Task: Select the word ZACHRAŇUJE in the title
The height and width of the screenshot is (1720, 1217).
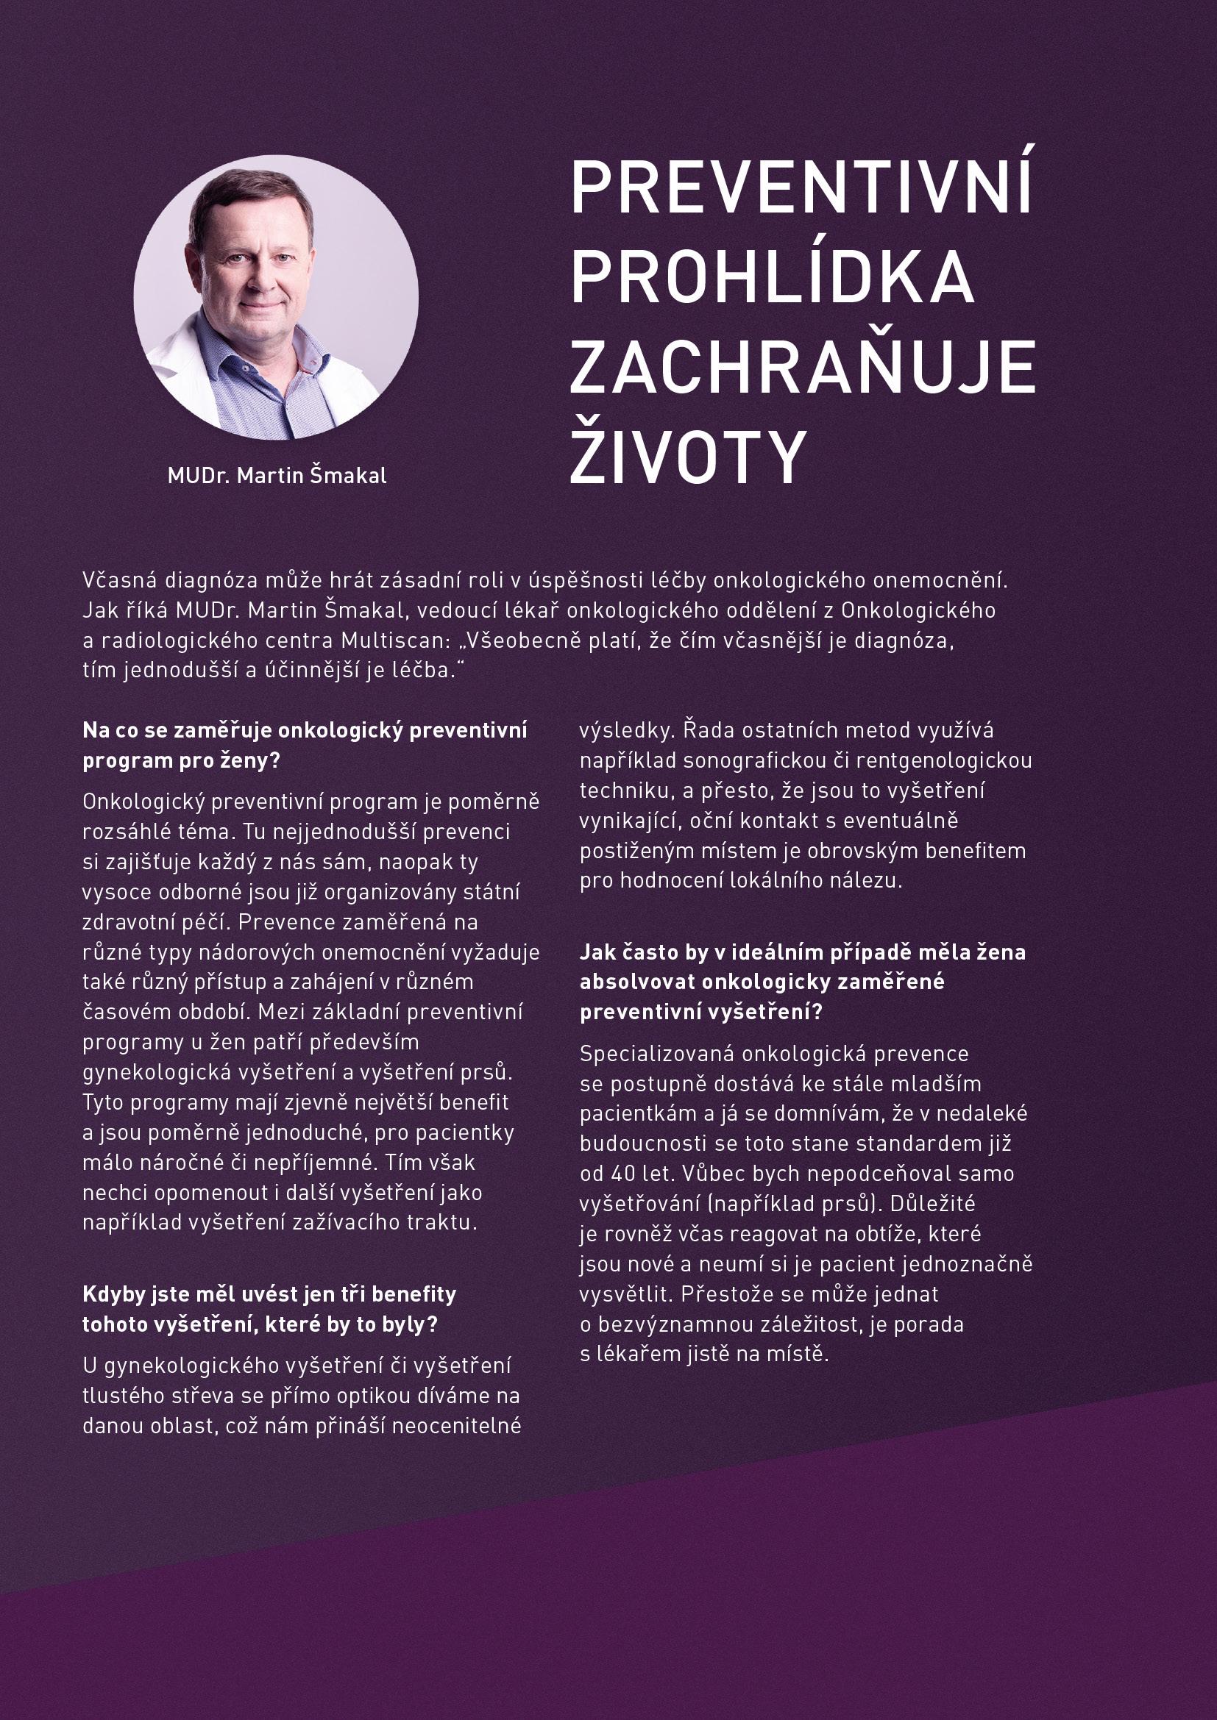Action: click(803, 367)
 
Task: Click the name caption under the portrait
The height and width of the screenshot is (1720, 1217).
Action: click(277, 476)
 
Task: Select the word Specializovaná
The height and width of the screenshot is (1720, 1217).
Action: click(657, 1053)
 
